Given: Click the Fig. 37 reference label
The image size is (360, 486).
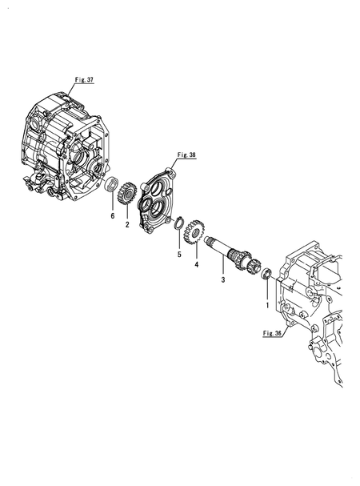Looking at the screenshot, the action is (x=84, y=79).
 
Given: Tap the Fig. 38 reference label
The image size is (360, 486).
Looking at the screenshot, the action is (x=186, y=155).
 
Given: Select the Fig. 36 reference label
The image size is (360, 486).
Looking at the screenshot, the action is (x=272, y=334).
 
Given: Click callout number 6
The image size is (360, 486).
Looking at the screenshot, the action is (x=113, y=215).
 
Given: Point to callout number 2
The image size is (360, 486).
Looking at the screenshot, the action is (x=127, y=225).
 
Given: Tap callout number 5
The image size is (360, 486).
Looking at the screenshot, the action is (x=179, y=255).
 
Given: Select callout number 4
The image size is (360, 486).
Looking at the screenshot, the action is (x=197, y=265).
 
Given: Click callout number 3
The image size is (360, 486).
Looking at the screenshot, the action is (x=223, y=280).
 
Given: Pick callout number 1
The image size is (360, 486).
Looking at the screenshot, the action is (x=267, y=305).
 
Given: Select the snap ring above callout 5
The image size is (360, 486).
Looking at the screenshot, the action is (x=179, y=223).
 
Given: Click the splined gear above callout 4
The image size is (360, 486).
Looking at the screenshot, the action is (x=194, y=232).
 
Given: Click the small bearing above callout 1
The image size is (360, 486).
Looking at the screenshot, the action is (x=267, y=273).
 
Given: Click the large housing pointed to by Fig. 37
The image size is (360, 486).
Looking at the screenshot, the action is (x=65, y=146).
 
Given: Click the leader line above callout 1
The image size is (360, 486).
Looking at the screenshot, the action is (x=267, y=290).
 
